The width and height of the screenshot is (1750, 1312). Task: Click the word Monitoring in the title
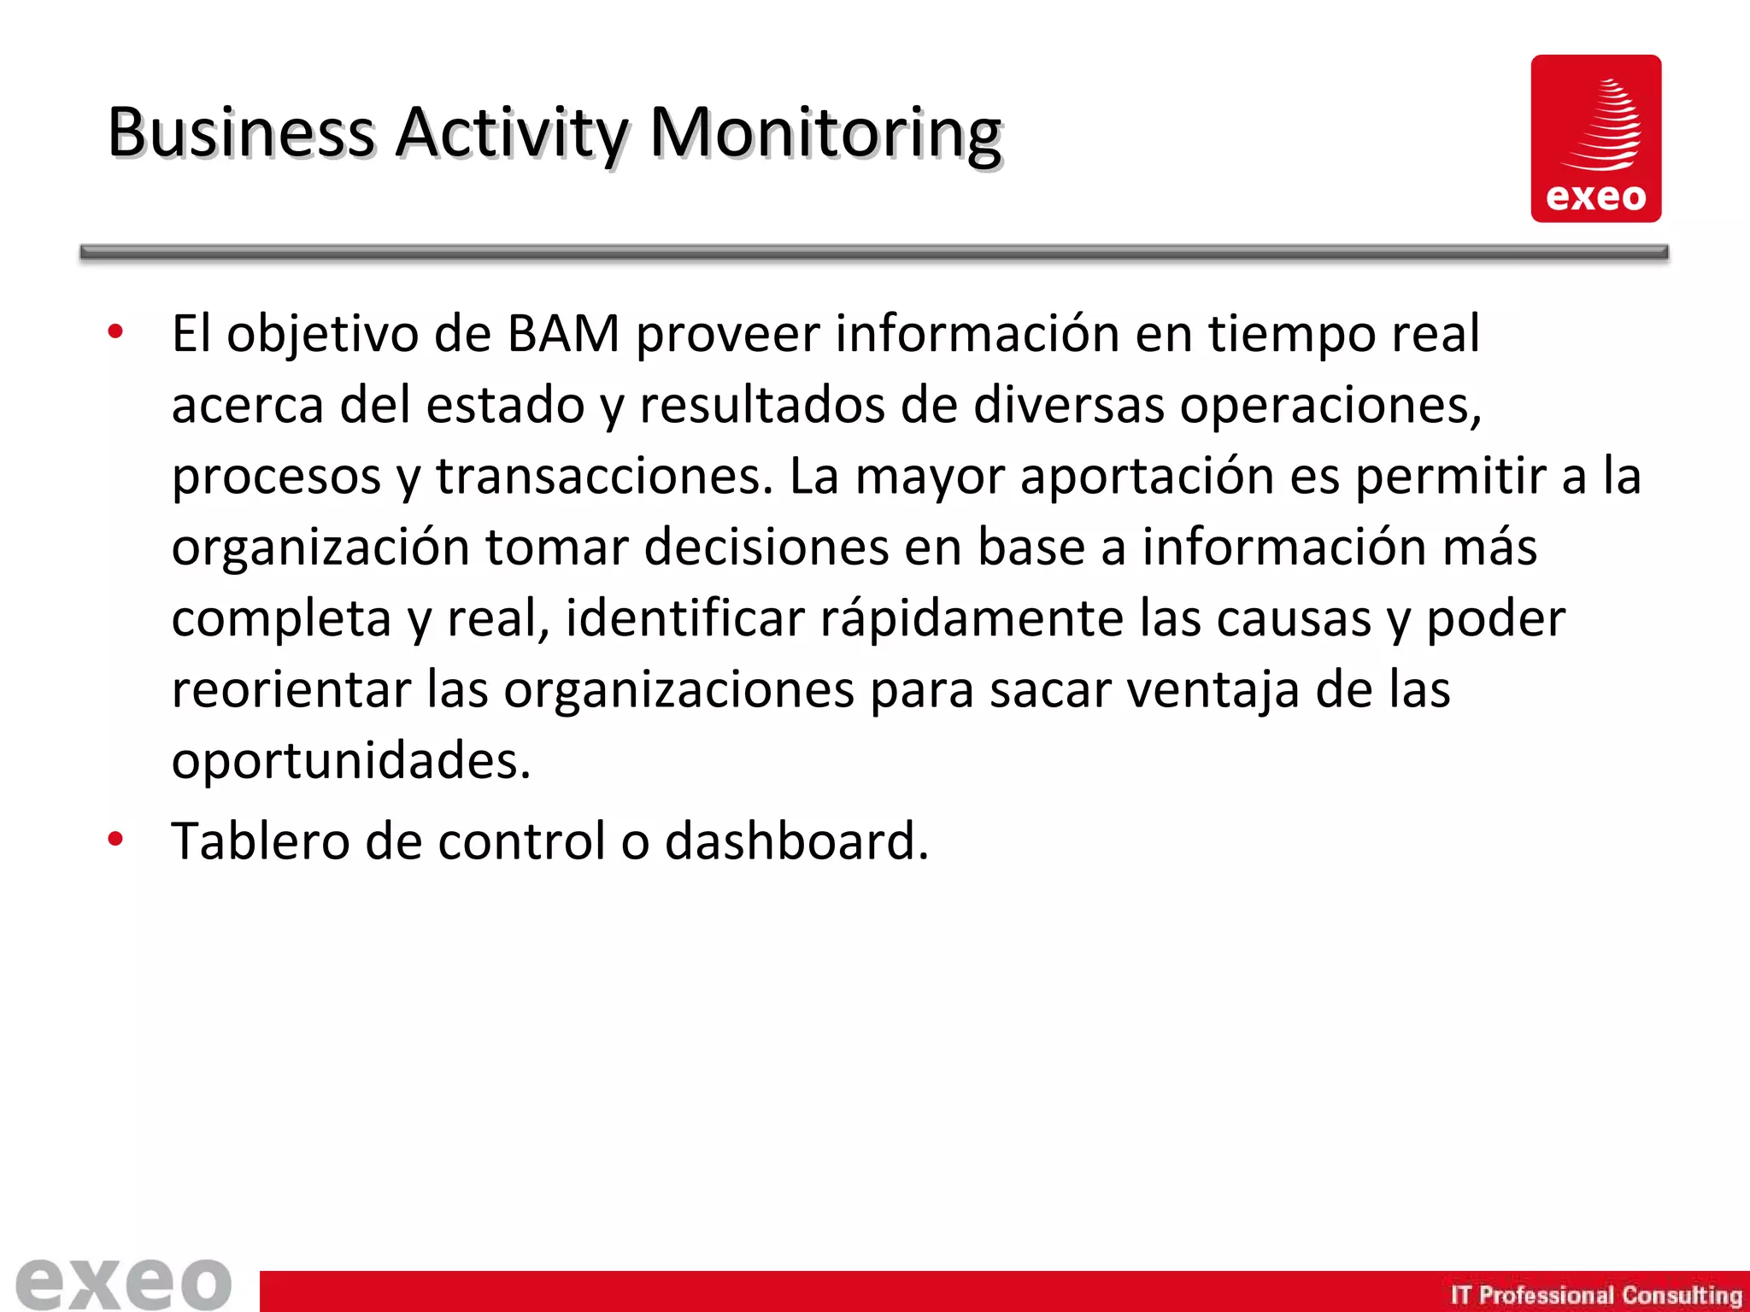[x=825, y=134]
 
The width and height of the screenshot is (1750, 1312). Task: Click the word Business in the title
[x=241, y=134]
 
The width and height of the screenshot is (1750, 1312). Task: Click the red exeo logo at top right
[x=1595, y=138]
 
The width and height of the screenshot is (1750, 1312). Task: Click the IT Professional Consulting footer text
[x=1595, y=1295]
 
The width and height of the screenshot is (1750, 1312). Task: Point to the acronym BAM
[x=562, y=334]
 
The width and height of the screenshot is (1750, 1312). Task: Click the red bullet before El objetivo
[x=115, y=332]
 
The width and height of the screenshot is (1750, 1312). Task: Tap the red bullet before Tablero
[x=115, y=840]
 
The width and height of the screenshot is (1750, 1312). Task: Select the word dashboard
[x=795, y=841]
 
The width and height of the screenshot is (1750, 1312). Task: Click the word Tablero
[x=260, y=841]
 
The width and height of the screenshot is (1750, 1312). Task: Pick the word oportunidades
[x=350, y=761]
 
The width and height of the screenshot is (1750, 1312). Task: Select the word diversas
[x=1068, y=405]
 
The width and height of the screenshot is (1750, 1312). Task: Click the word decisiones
[x=766, y=548]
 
